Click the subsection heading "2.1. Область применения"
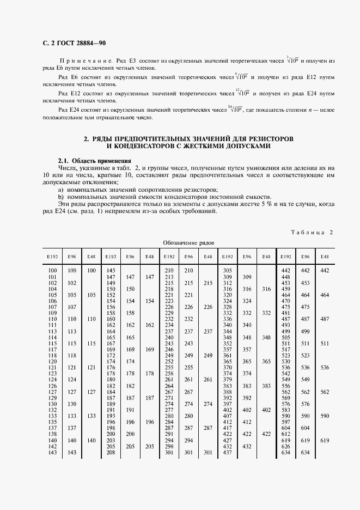(x=95, y=161)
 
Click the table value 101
(x=53, y=277)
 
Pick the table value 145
(x=111, y=271)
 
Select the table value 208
(x=111, y=452)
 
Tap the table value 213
(x=169, y=277)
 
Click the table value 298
(x=169, y=446)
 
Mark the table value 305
(x=228, y=271)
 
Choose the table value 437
(x=228, y=452)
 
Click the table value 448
(x=285, y=277)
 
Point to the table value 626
(x=285, y=446)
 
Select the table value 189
(x=111, y=404)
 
